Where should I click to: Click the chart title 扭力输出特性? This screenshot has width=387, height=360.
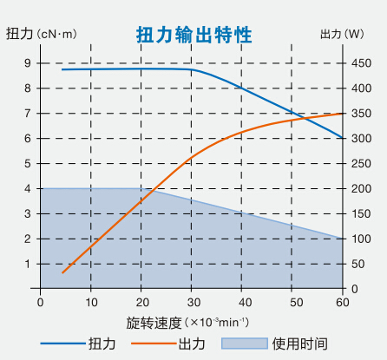(194, 35)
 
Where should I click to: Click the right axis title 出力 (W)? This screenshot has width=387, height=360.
(342, 35)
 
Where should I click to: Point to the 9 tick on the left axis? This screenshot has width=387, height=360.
(28, 63)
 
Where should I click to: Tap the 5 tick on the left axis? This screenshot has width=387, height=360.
(28, 164)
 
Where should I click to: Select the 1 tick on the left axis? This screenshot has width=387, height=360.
(28, 265)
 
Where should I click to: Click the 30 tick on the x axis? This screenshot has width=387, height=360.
(193, 302)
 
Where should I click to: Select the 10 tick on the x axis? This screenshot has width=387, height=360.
(90, 302)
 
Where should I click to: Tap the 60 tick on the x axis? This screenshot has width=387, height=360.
(342, 302)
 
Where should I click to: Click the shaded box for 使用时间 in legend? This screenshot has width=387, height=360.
(245, 344)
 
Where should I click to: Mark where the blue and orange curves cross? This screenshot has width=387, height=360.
(298, 117)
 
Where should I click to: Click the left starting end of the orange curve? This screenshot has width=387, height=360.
(62, 272)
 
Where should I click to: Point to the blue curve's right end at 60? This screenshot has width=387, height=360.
(341, 138)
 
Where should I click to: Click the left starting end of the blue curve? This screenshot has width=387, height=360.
(62, 69)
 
